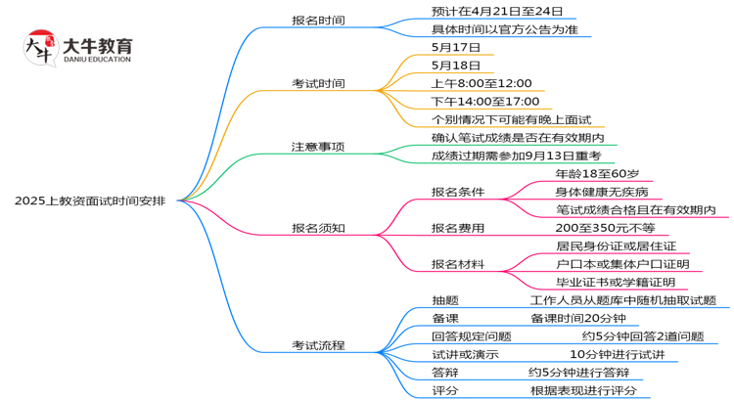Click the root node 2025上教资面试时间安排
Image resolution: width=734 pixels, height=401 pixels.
(x=90, y=200)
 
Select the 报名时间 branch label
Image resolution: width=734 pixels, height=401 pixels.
(x=318, y=21)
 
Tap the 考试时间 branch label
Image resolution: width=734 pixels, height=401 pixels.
(x=318, y=83)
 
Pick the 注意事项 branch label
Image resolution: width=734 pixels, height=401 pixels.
(x=318, y=147)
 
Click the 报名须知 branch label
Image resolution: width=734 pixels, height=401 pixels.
(x=318, y=228)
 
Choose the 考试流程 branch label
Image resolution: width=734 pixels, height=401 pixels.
(x=318, y=345)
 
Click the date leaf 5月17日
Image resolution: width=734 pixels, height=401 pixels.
(x=455, y=47)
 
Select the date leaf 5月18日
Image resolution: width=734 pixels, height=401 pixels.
(x=455, y=66)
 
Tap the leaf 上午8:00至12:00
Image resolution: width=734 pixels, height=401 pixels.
(x=481, y=83)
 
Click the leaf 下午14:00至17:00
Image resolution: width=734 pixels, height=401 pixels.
(x=485, y=101)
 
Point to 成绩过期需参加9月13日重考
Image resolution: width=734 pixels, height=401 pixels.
(x=515, y=156)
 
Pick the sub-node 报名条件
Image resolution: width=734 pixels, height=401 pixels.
(x=458, y=192)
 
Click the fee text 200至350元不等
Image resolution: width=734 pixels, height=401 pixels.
(x=596, y=228)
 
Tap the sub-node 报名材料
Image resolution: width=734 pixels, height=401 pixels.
(x=458, y=264)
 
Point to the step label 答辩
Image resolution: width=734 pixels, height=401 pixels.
(x=445, y=373)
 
